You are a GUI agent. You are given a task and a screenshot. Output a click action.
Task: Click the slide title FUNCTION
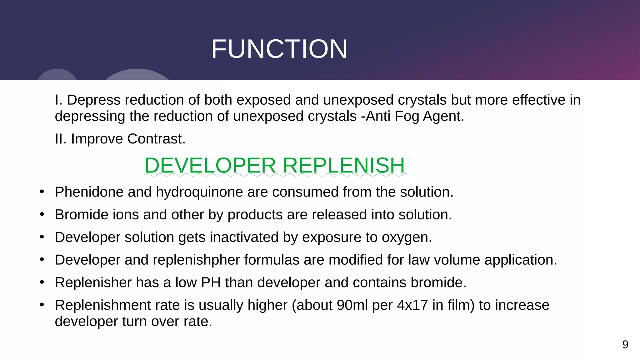tap(279, 49)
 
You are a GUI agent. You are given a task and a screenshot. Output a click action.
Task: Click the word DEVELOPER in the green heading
tap(210, 165)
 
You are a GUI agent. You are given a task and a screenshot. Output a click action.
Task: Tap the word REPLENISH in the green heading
tap(344, 165)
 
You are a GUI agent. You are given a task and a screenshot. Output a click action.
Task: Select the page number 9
tap(625, 344)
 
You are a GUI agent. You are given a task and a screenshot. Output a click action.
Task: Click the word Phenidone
tap(89, 192)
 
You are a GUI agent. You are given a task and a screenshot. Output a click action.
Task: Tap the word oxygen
tap(407, 237)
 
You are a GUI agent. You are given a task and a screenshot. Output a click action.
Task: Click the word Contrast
tap(156, 139)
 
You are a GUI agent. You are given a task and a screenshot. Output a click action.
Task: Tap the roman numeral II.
tap(60, 139)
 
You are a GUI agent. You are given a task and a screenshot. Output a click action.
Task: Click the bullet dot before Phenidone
tap(42, 192)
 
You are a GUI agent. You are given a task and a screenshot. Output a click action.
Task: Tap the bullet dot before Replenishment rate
tap(42, 305)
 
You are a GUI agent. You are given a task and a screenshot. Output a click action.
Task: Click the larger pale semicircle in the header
tap(137, 75)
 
